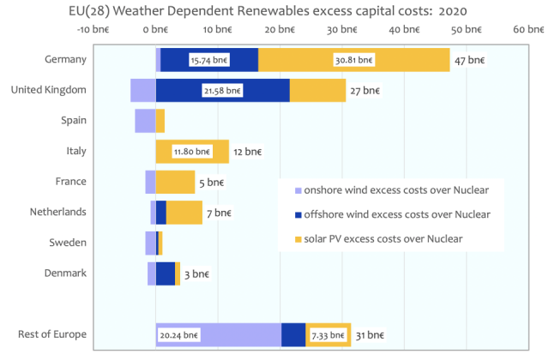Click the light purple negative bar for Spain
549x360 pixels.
(x=145, y=121)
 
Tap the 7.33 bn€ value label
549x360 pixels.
(x=329, y=334)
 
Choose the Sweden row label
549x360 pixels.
(x=67, y=243)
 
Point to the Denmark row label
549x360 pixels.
(x=64, y=273)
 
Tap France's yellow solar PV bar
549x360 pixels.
(x=176, y=182)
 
